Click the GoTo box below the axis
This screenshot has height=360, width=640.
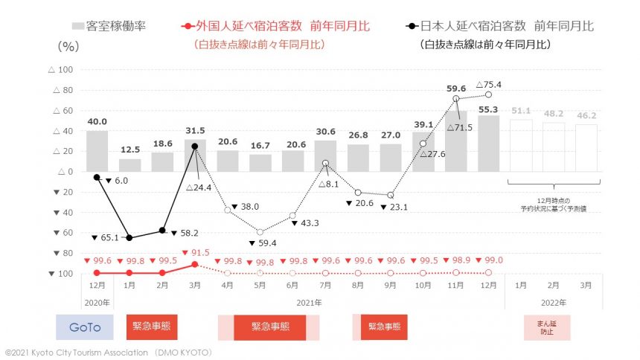coord(84,327)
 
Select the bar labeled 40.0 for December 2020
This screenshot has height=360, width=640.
coord(97,151)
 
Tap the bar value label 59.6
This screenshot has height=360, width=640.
coord(456,88)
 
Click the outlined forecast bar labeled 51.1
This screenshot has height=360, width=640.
coord(521,145)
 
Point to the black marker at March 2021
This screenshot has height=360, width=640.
coord(195,147)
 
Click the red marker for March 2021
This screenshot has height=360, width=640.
coord(195,264)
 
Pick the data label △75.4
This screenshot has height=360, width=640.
coord(488,84)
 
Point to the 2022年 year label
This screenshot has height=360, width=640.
coord(553,303)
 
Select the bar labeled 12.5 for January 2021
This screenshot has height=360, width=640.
coord(129,165)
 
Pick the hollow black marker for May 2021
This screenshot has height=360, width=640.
coord(260,232)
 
